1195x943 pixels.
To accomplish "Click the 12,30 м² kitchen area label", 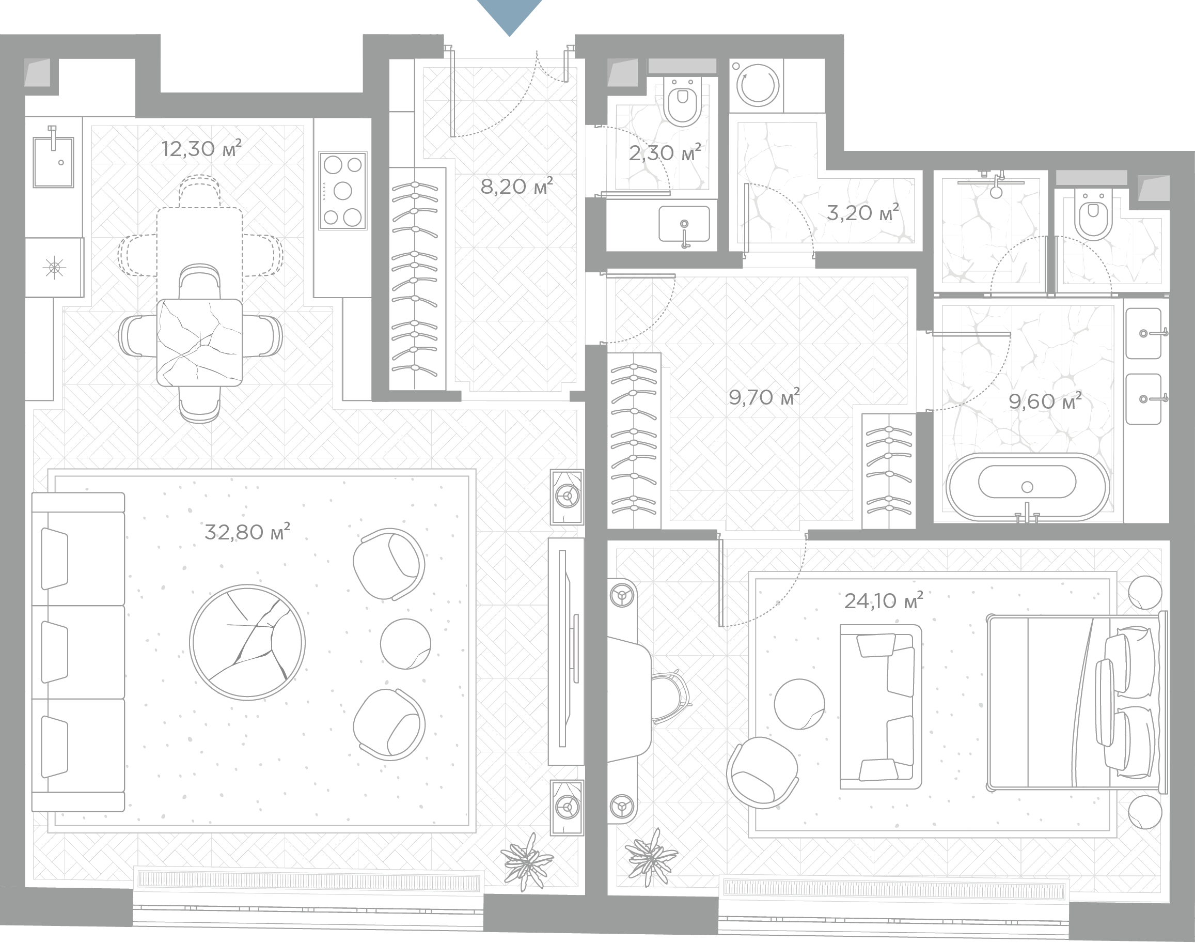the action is (201, 148).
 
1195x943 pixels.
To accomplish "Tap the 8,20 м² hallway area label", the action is (516, 187).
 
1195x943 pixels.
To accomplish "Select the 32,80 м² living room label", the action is (247, 532).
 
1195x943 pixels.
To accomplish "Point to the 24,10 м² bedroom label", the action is (884, 600).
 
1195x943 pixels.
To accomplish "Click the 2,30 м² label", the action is (665, 152).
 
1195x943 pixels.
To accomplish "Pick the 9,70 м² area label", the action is (764, 397).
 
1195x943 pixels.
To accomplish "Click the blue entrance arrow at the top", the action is (509, 17).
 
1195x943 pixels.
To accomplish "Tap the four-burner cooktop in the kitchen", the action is (342, 191).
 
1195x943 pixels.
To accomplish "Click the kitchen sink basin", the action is (54, 162).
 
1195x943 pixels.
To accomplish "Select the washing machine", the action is (758, 86).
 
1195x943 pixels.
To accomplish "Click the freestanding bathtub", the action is (1027, 486).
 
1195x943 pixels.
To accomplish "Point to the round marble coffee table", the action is (247, 642).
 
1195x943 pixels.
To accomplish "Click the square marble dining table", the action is (200, 342).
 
